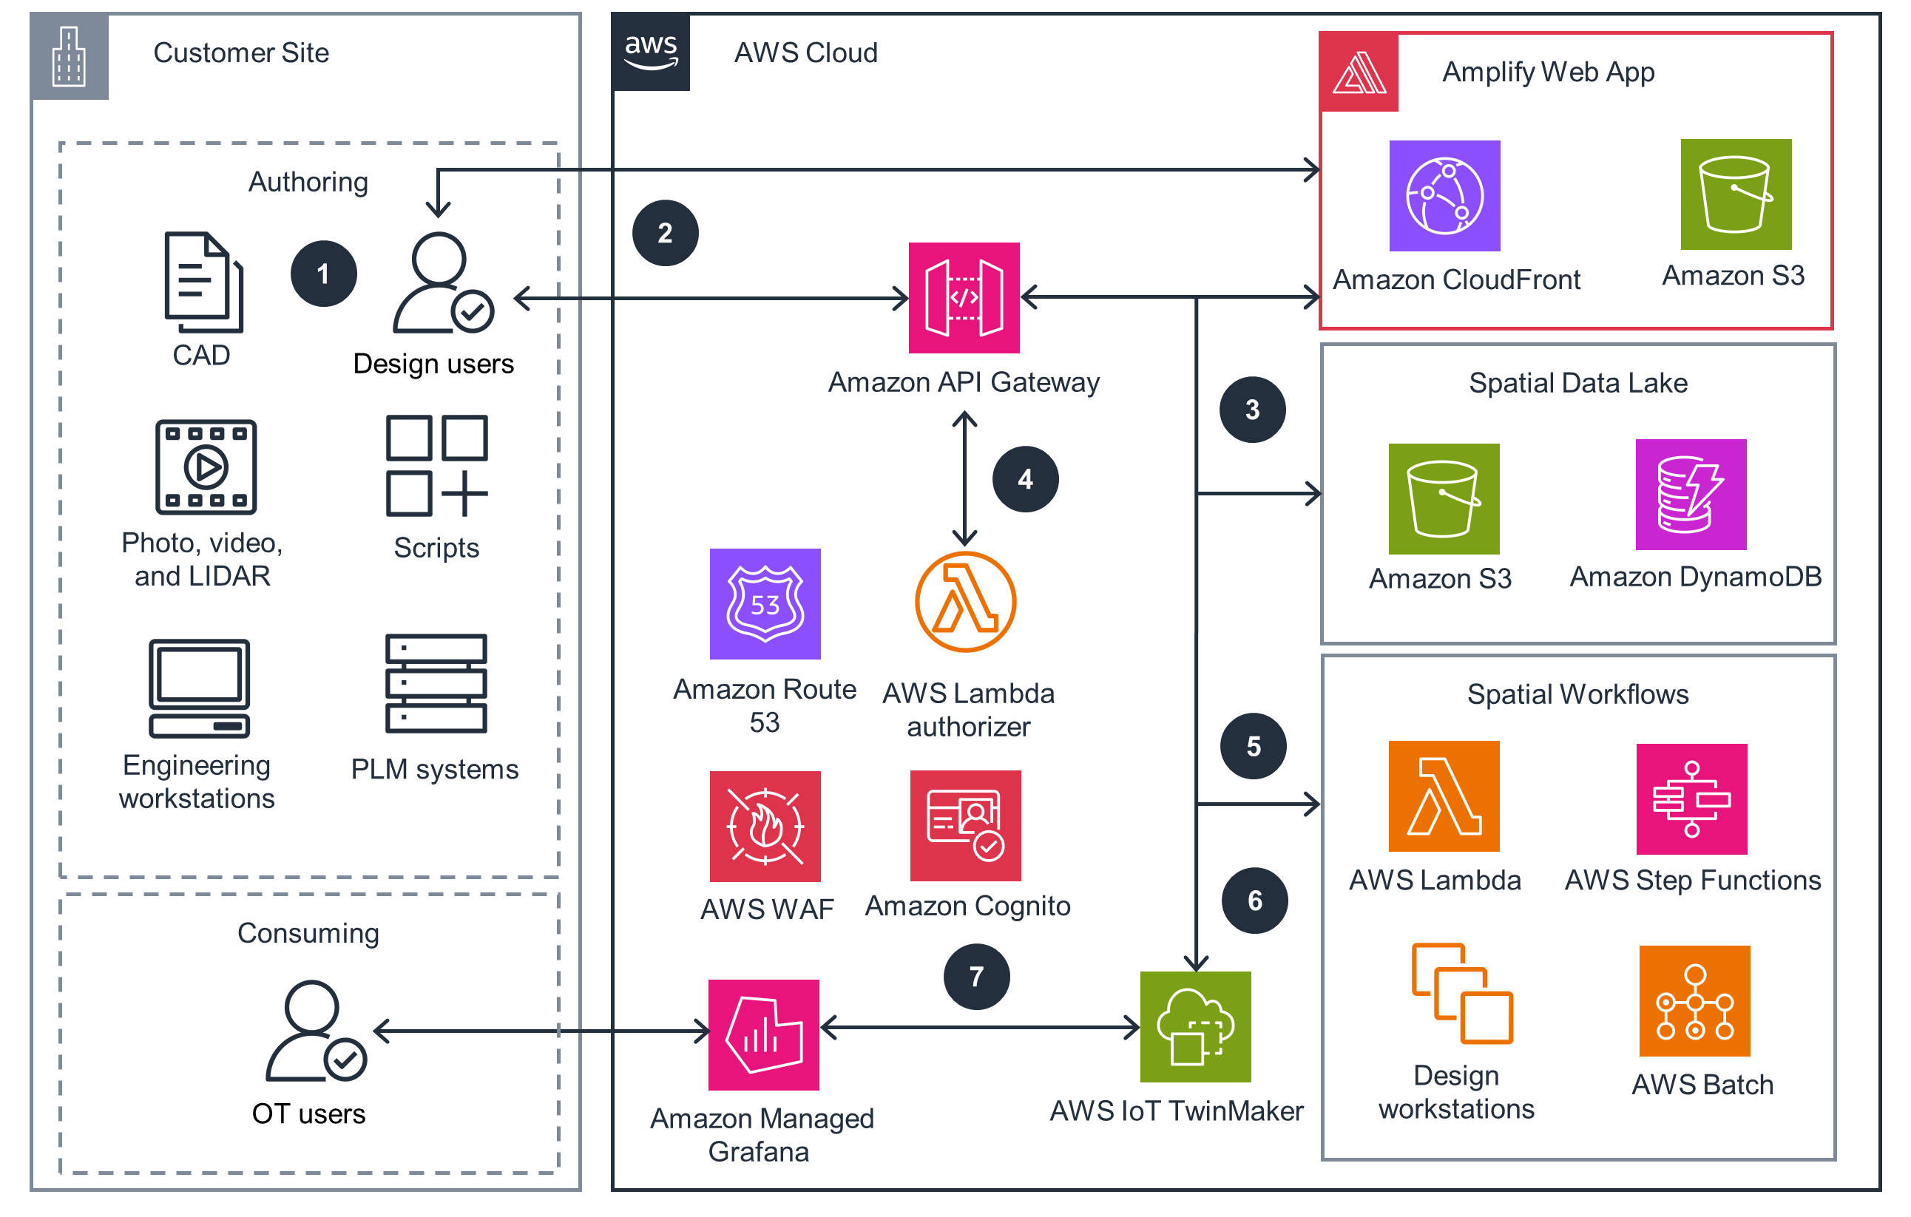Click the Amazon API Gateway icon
coord(964,297)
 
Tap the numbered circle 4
coord(1024,478)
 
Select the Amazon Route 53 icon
coord(764,604)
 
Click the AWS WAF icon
coord(764,826)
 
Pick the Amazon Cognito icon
coord(965,825)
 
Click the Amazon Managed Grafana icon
coord(763,1034)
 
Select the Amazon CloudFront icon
coord(1444,196)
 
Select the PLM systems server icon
coord(436,683)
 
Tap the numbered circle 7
coord(976,976)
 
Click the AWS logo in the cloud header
coord(651,52)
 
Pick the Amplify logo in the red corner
coord(1358,72)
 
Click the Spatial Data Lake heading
coord(1577,382)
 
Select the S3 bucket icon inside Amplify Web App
coord(1735,194)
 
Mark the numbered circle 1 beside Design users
coord(323,274)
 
